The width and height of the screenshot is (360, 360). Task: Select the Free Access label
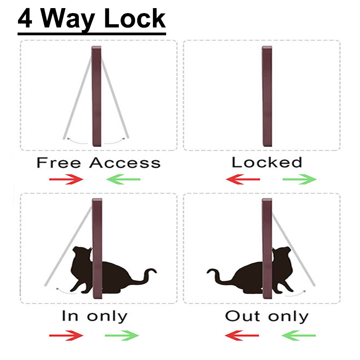pyautogui.click(x=98, y=162)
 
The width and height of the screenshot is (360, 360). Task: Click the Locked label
pyautogui.click(x=266, y=162)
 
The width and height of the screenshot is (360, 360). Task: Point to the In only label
pyautogui.click(x=94, y=316)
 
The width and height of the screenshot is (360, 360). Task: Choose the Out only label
pyautogui.click(x=266, y=316)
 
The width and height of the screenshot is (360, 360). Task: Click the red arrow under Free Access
pyautogui.click(x=67, y=180)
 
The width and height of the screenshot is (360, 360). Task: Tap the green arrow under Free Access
pyautogui.click(x=123, y=180)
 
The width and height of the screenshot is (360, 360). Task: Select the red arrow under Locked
pyautogui.click(x=243, y=180)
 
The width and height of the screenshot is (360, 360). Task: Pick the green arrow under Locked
pyautogui.click(x=300, y=180)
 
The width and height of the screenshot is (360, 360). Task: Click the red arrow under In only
pyautogui.click(x=67, y=335)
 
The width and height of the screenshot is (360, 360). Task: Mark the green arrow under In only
pyautogui.click(x=121, y=335)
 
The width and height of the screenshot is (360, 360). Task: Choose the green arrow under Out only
pyautogui.click(x=299, y=335)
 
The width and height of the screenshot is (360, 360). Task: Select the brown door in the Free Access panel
pyautogui.click(x=97, y=97)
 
